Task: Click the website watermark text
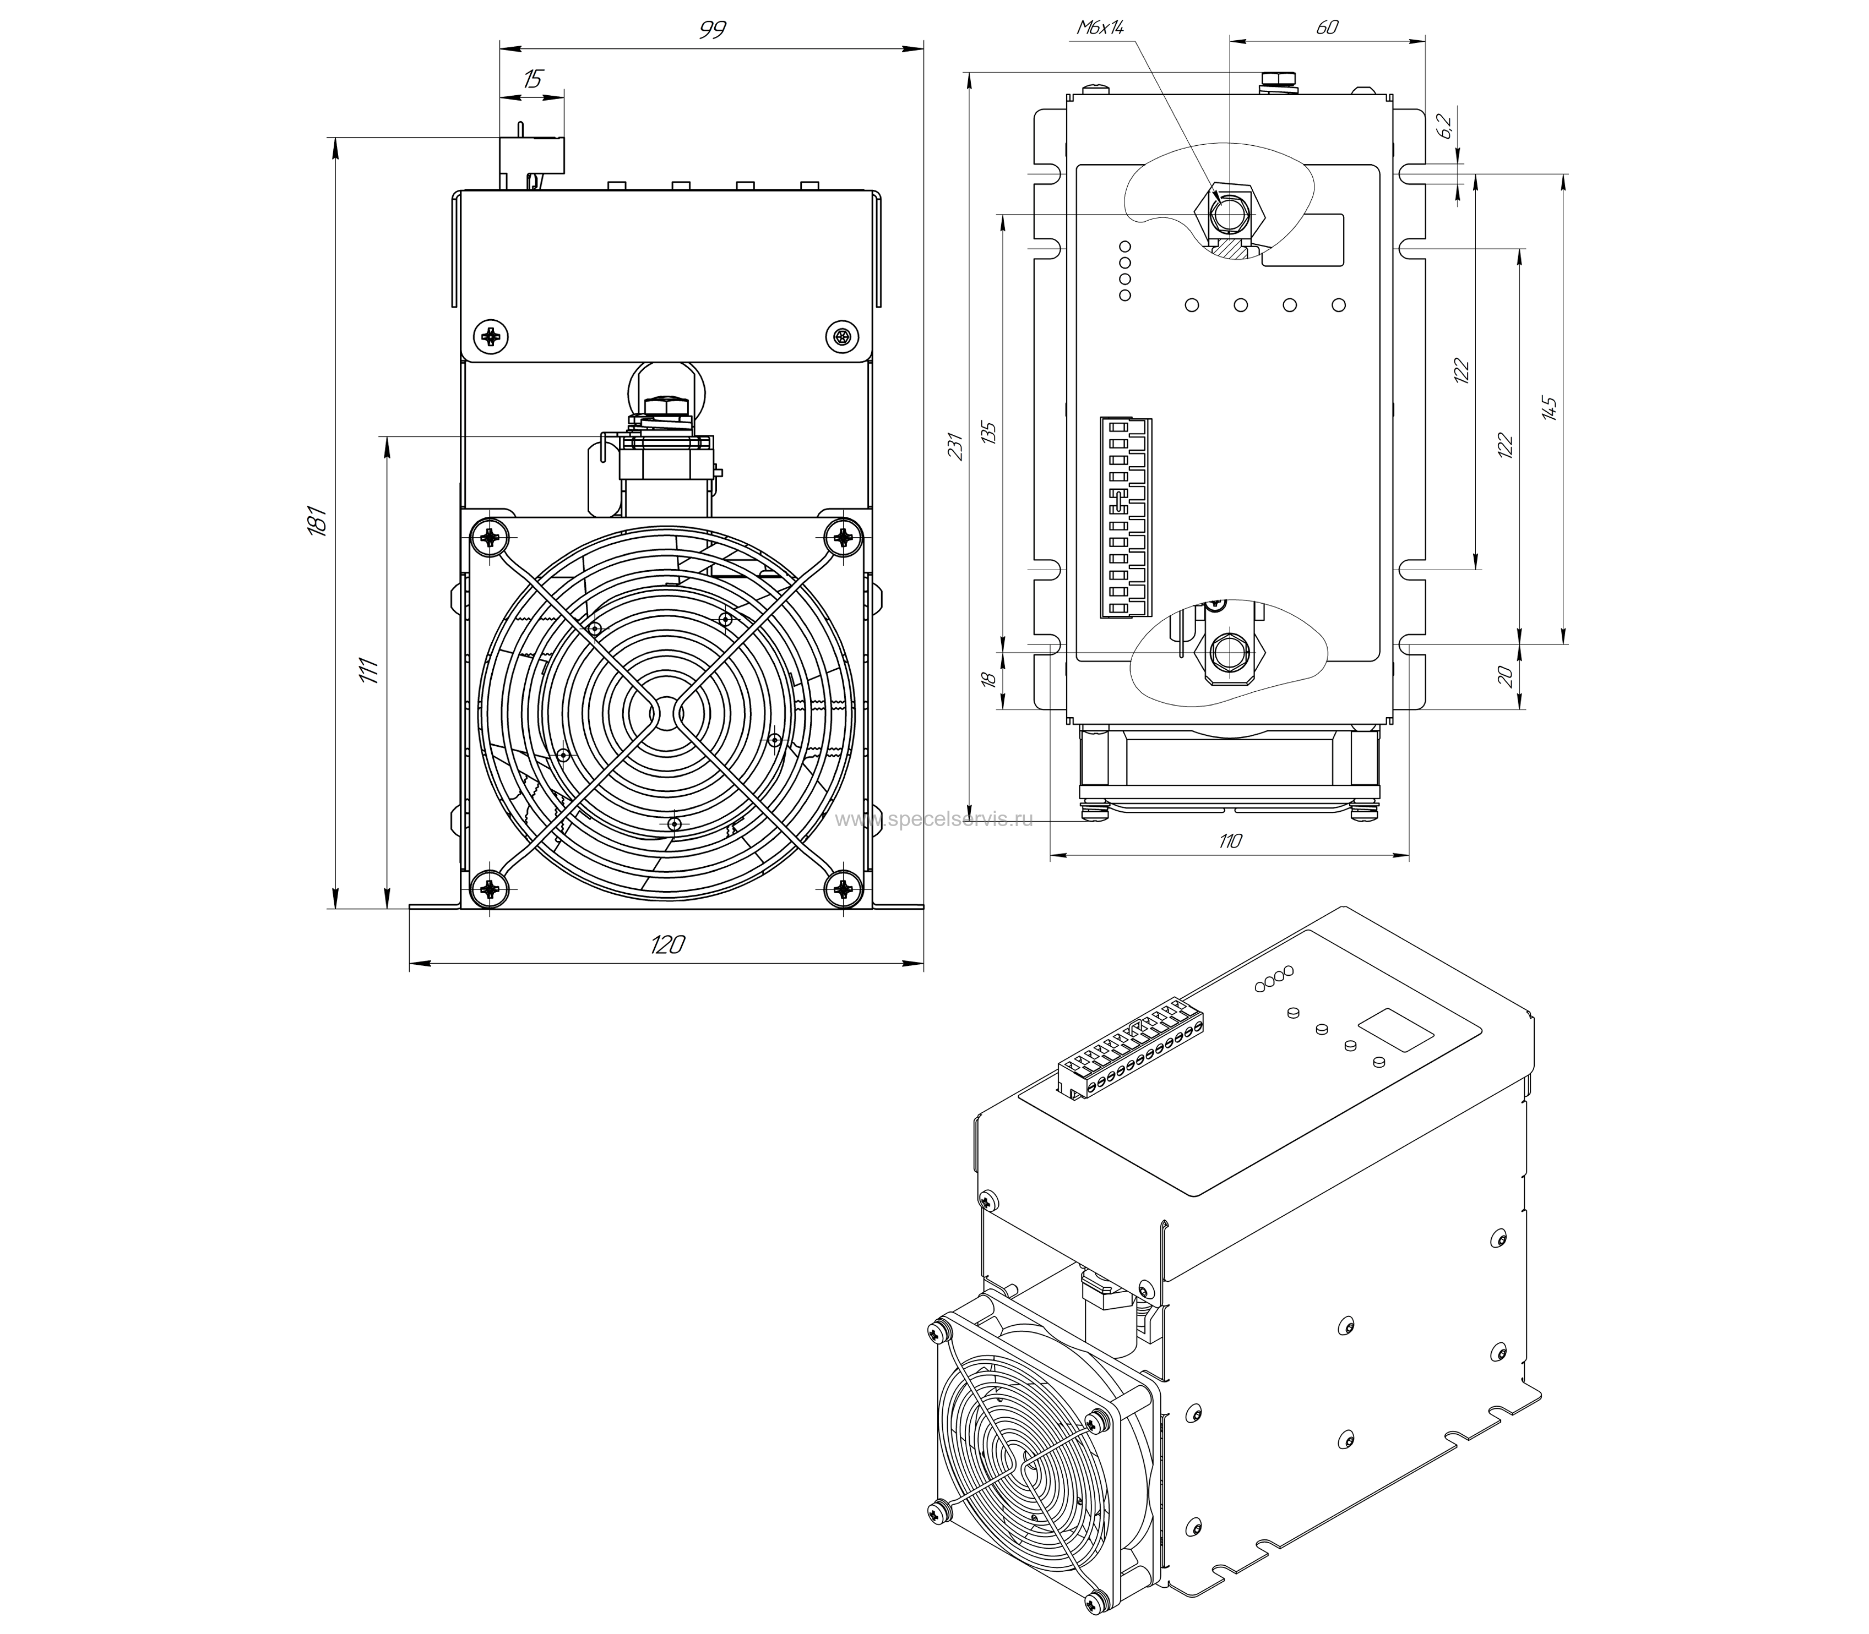(x=934, y=819)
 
